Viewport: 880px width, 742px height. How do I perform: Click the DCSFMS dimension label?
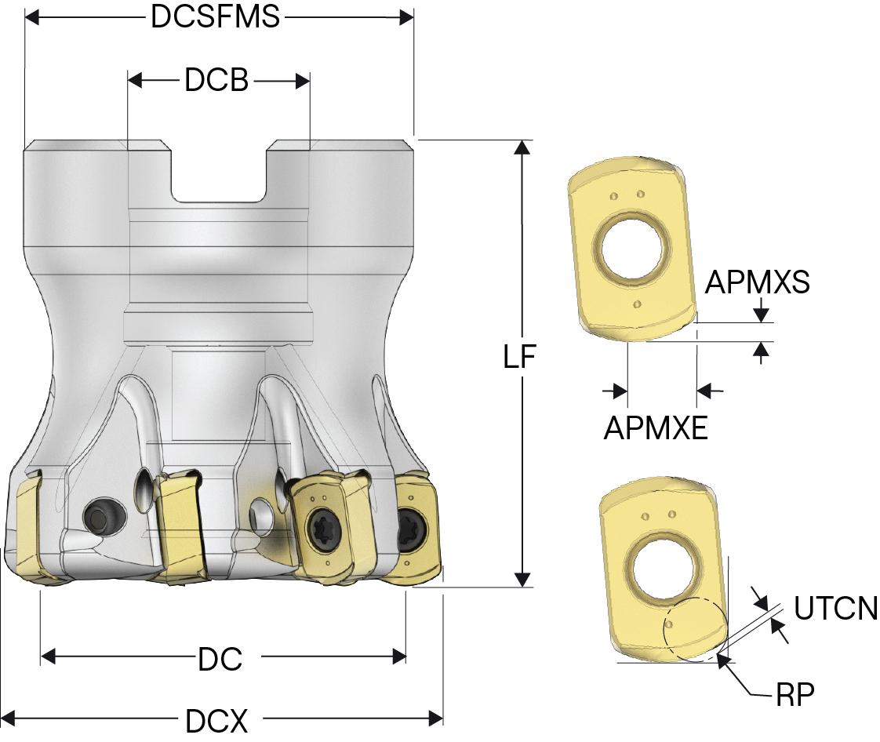pyautogui.click(x=216, y=17)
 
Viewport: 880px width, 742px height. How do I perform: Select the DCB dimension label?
pyautogui.click(x=216, y=80)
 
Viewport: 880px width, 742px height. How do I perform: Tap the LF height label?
pyautogui.click(x=519, y=358)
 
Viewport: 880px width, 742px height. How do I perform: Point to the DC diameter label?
pyautogui.click(x=220, y=659)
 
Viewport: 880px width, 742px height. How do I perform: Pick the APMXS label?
pyautogui.click(x=757, y=283)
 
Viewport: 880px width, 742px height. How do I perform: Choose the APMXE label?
pyautogui.click(x=656, y=428)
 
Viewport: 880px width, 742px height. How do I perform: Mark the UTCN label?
pyautogui.click(x=835, y=609)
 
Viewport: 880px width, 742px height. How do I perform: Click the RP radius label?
pyautogui.click(x=795, y=694)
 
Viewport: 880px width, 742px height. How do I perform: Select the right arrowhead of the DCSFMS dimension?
pyautogui.click(x=405, y=17)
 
